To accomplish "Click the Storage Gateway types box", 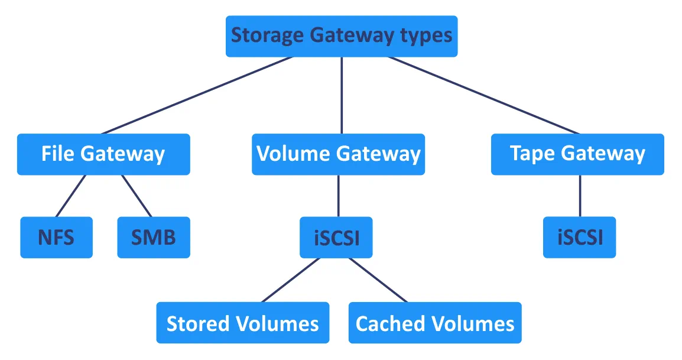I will coord(342,36).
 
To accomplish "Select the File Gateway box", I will coord(103,154).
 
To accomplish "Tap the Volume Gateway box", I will coord(338,154).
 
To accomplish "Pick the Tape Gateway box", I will coord(577,154).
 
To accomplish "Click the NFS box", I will coord(56,238).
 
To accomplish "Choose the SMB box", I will coord(154,238).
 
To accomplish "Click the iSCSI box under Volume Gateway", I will coord(336,238).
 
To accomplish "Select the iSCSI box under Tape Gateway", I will coord(579,238).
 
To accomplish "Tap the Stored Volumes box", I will coord(242,323).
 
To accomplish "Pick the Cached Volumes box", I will coord(435,323).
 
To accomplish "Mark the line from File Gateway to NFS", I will coord(70,196).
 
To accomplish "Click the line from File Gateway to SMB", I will coord(137,196).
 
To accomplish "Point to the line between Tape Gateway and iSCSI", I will coord(579,196).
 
